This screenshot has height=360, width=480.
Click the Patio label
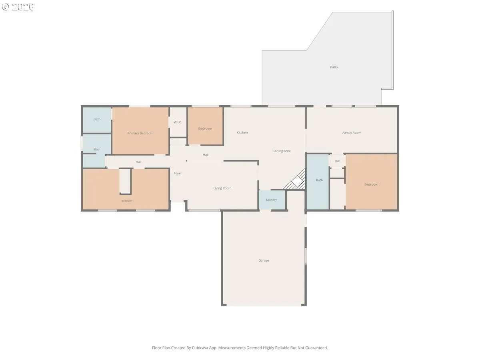pyautogui.click(x=334, y=67)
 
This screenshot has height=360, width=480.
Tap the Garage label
pyautogui.click(x=264, y=260)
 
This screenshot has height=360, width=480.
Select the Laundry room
pyautogui.click(x=272, y=200)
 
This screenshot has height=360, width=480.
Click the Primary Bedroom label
pyautogui.click(x=140, y=133)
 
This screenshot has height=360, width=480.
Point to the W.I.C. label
pyautogui.click(x=178, y=122)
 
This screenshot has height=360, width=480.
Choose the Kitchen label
pyautogui.click(x=242, y=132)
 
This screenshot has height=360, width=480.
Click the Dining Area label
pyautogui.click(x=282, y=151)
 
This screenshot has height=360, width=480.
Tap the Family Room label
pyautogui.click(x=352, y=133)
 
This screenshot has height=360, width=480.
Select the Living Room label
pyautogui.click(x=222, y=188)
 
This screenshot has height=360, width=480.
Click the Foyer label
pyautogui.click(x=178, y=173)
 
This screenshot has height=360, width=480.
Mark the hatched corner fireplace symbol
pyautogui.click(x=296, y=180)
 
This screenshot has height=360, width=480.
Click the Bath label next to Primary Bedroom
pyautogui.click(x=97, y=119)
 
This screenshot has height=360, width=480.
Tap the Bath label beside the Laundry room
pyautogui.click(x=319, y=180)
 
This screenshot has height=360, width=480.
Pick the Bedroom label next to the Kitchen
pyautogui.click(x=205, y=128)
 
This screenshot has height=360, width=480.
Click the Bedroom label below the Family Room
pyautogui.click(x=371, y=184)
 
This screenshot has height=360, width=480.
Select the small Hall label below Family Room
pyautogui.click(x=337, y=161)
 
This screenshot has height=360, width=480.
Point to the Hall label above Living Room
pyautogui.click(x=205, y=155)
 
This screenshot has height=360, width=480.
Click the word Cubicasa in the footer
pyautogui.click(x=200, y=348)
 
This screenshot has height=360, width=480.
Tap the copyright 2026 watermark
pyautogui.click(x=18, y=7)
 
